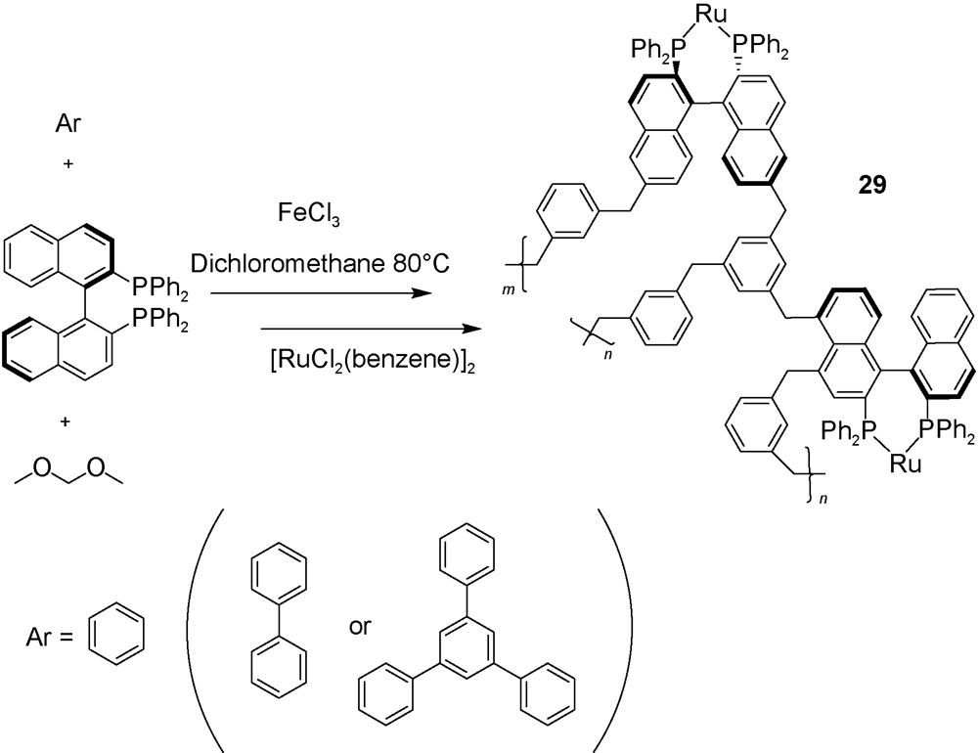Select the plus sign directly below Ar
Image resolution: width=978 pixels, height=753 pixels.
pos(67,166)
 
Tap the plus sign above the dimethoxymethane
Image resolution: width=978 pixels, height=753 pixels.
pos(67,423)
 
